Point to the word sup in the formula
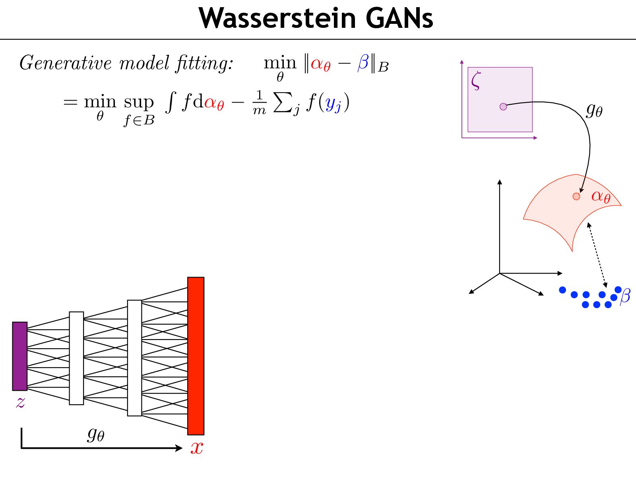coord(139,103)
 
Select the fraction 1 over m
coord(259,102)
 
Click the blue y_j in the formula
coord(333,104)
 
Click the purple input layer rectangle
coord(20,356)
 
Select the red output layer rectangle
coord(196,356)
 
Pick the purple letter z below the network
coord(20,402)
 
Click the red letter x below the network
coord(197,448)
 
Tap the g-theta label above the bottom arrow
coord(96,434)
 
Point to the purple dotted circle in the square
coord(503,107)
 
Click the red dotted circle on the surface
coord(576,196)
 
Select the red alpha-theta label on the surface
coord(601,196)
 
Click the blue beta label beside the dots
coord(625,296)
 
